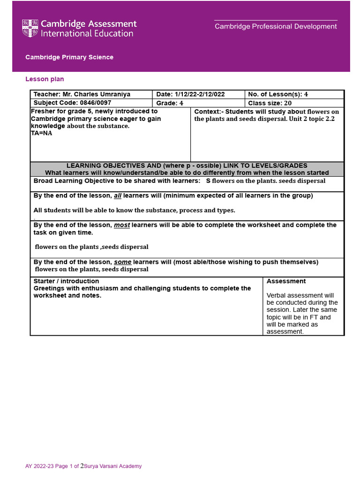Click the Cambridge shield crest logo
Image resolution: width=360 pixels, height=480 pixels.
30,28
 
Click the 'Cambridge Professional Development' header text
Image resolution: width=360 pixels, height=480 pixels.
276,27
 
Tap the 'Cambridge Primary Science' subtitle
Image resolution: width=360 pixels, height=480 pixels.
69,57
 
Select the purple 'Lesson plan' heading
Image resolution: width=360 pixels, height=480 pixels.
45,79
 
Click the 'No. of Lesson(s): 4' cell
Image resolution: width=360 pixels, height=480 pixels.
278,94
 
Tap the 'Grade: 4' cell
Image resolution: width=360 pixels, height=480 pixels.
170,103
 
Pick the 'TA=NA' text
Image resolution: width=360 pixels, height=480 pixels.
41,133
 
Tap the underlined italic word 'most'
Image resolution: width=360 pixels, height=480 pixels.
122,225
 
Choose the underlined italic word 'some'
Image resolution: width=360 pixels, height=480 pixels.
123,262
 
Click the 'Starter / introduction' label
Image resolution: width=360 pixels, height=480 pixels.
66,281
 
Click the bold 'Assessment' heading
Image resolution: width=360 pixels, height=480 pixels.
286,281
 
